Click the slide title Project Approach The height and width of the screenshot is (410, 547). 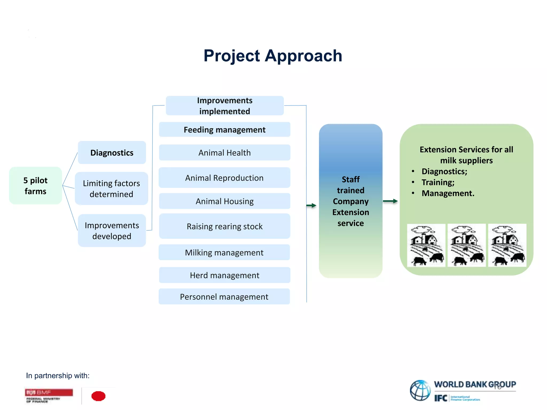273,56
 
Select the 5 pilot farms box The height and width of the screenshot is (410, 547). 36,186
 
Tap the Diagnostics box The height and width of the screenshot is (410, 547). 112,153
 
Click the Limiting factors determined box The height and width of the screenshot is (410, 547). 111,188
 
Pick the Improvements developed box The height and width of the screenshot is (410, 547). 112,231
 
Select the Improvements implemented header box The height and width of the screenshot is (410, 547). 225,106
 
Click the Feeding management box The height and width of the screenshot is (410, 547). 225,130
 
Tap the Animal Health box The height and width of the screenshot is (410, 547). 225,153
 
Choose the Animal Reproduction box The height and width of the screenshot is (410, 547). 224,178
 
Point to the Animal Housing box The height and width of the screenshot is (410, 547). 225,201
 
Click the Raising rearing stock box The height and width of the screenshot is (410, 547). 225,226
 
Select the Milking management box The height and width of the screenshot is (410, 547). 224,253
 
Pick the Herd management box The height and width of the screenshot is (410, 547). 225,275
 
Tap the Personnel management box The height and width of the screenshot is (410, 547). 224,297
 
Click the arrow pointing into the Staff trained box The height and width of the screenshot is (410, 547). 311,205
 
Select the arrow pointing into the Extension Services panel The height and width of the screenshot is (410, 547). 390,201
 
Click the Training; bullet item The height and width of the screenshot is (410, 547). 438,182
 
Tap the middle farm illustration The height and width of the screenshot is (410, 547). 467,245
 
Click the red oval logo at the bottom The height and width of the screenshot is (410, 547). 98,396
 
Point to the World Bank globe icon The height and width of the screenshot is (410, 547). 420,390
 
